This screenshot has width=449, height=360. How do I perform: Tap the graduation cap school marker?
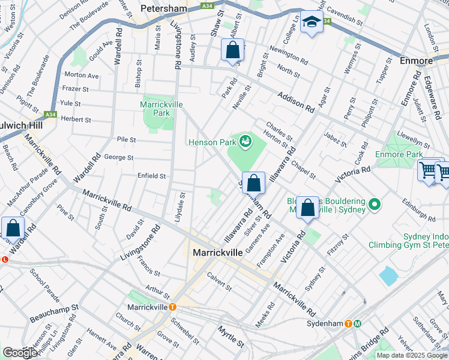coord(311,23)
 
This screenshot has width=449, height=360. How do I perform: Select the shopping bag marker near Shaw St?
coord(232,50)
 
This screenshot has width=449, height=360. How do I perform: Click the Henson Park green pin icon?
coord(245,142)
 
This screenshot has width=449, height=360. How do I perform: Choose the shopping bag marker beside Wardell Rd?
coord(13,229)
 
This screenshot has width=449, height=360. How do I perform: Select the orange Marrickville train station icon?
coord(172,307)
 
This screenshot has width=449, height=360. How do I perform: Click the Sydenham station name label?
coord(324,323)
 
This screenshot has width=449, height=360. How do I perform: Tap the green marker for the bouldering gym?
coord(375,205)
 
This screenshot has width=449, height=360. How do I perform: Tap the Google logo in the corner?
coord(20,353)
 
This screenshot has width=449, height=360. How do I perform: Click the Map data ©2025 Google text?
coord(412,355)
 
